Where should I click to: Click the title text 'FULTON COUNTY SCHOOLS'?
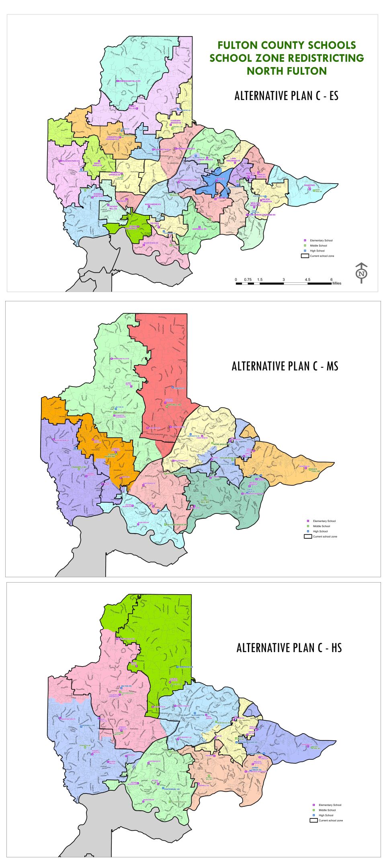tap(287, 45)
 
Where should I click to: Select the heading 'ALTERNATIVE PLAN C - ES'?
tap(286, 96)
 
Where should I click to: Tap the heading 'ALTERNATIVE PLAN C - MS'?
tap(285, 366)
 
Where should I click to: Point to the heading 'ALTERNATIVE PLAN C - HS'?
tap(289, 648)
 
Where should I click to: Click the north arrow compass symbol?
tap(362, 273)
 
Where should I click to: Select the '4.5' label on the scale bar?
tap(307, 279)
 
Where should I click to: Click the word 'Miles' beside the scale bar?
tap(337, 283)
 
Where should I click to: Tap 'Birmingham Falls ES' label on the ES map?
tap(129, 81)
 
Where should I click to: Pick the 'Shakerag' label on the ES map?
tap(309, 185)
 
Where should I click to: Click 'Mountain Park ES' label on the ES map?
tap(70, 161)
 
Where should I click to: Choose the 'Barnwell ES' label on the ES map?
tap(199, 229)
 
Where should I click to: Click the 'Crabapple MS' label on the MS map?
tap(79, 467)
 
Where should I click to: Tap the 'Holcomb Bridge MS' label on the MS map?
tap(176, 525)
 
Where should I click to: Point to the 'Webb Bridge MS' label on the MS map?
tap(221, 444)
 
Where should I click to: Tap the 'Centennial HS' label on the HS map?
tap(172, 789)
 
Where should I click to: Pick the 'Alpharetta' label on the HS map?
tap(198, 715)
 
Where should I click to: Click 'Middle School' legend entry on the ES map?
tap(318, 245)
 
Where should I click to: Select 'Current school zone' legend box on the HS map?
tap(313, 820)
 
